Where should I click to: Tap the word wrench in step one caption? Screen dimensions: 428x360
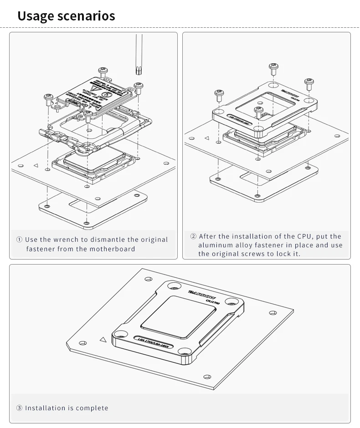69,239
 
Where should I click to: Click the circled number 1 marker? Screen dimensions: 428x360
19,239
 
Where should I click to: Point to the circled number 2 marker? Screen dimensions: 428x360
193,236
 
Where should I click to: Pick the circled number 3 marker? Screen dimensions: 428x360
19,408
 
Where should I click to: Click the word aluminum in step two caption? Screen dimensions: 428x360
214,245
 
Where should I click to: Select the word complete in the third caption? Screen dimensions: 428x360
92,408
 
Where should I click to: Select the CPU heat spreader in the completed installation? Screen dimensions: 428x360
178,315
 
